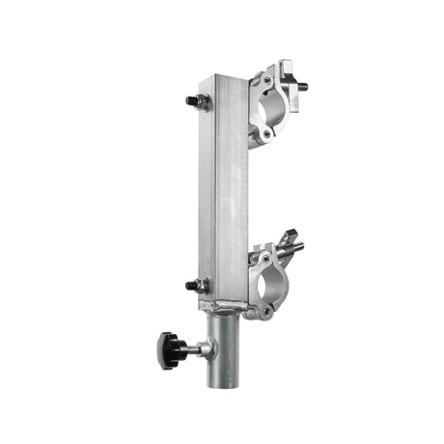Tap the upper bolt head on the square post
[189, 99]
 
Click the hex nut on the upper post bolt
[200, 101]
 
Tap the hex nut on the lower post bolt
[201, 285]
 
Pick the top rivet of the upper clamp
[264, 75]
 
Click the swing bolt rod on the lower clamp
[293, 250]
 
